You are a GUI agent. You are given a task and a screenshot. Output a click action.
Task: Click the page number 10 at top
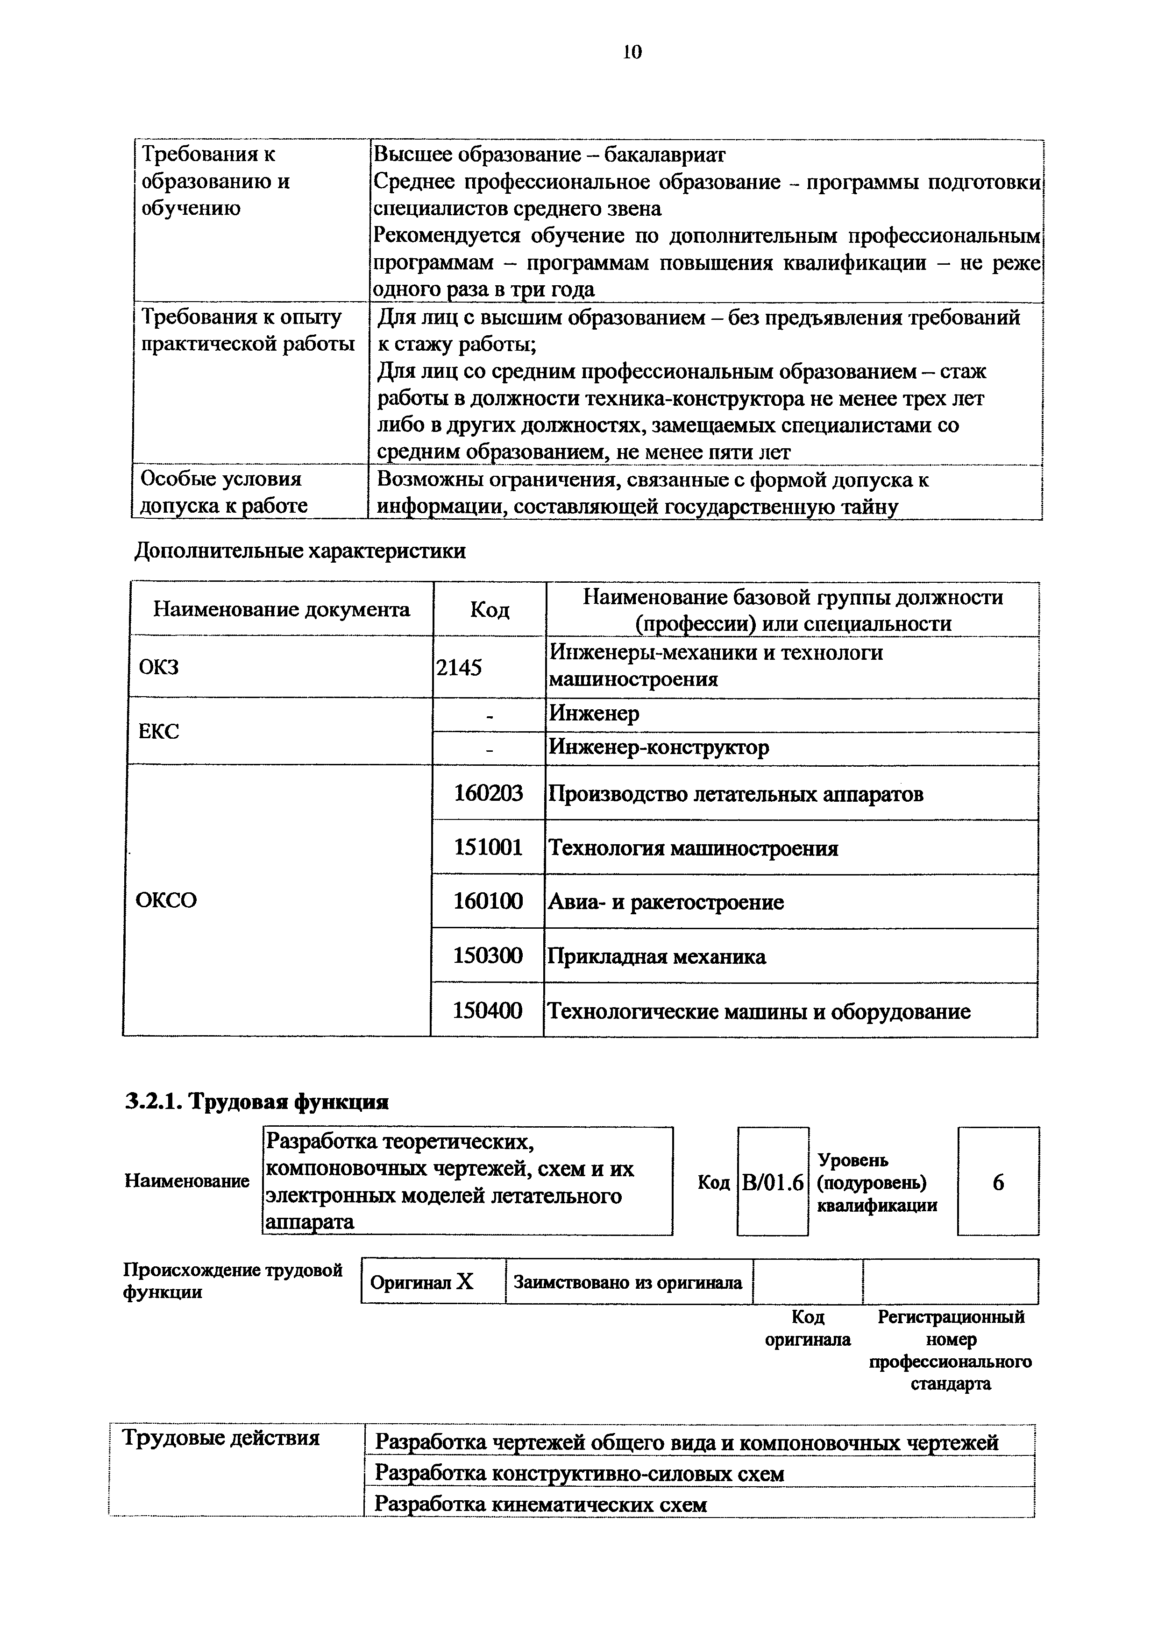(632, 51)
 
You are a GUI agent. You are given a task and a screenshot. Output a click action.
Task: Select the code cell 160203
(489, 792)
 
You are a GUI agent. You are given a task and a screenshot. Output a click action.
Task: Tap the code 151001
(489, 847)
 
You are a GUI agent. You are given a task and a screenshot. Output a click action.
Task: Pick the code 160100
(489, 901)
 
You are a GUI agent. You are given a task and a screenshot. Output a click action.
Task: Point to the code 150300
(489, 955)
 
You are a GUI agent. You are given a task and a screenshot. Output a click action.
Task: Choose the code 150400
(489, 1010)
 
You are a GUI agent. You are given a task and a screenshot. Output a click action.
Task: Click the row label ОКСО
(166, 900)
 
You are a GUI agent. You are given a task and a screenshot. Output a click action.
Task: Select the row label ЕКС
(158, 731)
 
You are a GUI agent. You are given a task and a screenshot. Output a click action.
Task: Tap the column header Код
(490, 609)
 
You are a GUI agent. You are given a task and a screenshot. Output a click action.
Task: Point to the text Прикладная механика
(656, 956)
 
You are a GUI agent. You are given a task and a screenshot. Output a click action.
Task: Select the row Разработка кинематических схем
(541, 1504)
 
